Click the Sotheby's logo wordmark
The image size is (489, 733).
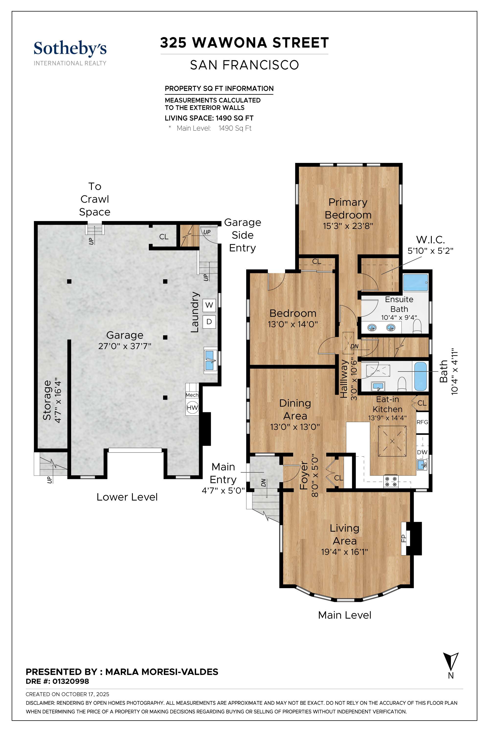point(70,49)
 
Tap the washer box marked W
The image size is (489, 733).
point(209,305)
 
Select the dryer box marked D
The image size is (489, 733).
point(209,321)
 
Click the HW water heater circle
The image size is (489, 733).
point(192,407)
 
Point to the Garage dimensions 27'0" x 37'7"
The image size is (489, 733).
point(125,346)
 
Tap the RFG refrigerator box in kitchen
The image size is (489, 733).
point(422,422)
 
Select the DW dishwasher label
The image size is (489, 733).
point(422,452)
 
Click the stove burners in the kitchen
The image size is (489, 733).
point(391,481)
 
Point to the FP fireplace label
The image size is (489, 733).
point(403,538)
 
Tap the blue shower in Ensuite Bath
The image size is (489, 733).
point(415,283)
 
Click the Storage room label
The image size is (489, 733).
point(47,400)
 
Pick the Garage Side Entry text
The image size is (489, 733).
point(242,235)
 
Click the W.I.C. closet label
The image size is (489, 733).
point(430,240)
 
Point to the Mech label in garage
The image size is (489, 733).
point(192,395)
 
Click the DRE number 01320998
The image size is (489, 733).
point(70,681)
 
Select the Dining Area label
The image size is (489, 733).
point(295,409)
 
